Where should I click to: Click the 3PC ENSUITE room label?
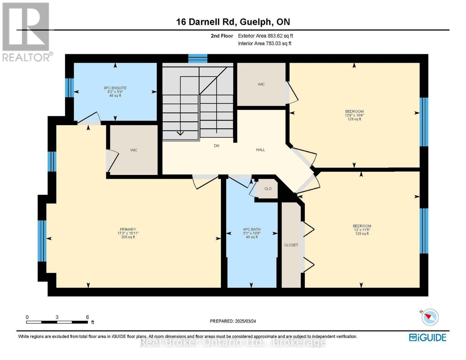point(115,88)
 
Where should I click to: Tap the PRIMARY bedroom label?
point(128,229)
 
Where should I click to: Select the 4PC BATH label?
point(251,229)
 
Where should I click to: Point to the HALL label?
point(260,150)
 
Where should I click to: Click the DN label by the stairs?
point(216,146)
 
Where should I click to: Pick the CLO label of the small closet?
point(268,189)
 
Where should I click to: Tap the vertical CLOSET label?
point(291,245)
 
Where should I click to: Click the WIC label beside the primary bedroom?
point(134,150)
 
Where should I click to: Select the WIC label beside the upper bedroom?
point(261,85)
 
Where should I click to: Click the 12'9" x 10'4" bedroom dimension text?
point(354,115)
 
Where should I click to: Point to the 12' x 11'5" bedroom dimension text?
point(362,230)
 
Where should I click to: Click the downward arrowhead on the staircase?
point(180,133)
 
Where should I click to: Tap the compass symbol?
point(430,317)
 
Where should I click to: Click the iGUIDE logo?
point(427,337)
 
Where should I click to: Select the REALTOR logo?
point(27,32)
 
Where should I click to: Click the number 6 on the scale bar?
point(88,317)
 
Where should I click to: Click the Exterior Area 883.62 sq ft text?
point(266,36)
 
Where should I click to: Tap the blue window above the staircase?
point(198,58)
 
